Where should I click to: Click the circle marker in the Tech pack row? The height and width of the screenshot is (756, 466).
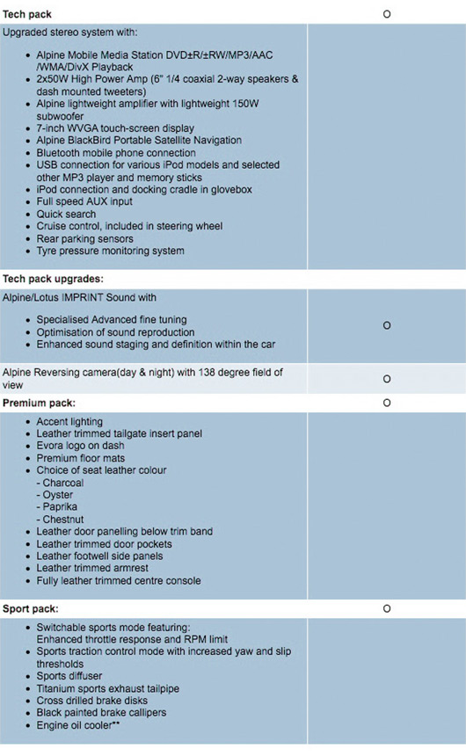coord(387,15)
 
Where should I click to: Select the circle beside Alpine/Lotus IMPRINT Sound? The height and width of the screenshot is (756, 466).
coord(387,326)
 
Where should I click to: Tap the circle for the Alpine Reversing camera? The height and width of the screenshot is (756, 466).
coord(387,379)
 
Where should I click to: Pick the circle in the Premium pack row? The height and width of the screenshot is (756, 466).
coord(387,403)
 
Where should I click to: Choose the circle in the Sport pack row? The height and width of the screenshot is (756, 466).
coord(387,608)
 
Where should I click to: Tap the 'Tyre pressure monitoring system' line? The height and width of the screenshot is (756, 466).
coord(110,251)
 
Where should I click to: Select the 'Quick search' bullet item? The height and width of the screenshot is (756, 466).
coord(68,214)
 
